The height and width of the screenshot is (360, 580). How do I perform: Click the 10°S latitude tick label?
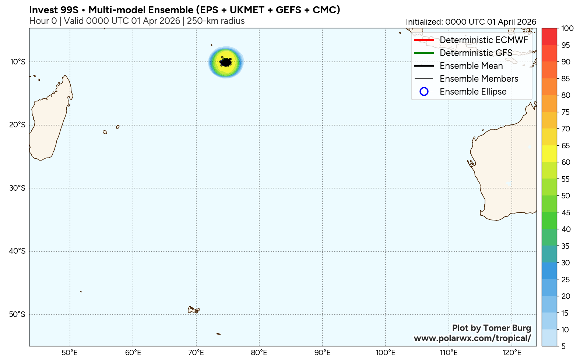pyautogui.click(x=18, y=61)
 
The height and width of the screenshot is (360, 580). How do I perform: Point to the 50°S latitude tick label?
pyautogui.click(x=18, y=314)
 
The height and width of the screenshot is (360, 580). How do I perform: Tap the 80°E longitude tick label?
pyautogui.click(x=259, y=353)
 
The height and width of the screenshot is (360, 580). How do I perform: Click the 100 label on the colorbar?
pyautogui.click(x=567, y=28)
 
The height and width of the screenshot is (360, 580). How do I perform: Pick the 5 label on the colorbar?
pyautogui.click(x=563, y=346)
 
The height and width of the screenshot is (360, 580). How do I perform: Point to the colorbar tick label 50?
pyautogui.click(x=566, y=196)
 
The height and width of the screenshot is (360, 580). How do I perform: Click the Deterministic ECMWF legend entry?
pyautogui.click(x=484, y=40)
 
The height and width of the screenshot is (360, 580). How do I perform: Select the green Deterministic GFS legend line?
pyautogui.click(x=424, y=53)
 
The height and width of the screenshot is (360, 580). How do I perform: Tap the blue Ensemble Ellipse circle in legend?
pyautogui.click(x=424, y=92)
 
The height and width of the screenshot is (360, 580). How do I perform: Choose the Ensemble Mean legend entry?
pyautogui.click(x=471, y=66)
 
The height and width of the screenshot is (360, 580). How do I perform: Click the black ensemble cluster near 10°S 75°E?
pyautogui.click(x=225, y=62)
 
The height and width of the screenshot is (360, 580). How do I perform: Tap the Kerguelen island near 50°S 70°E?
pyautogui.click(x=193, y=310)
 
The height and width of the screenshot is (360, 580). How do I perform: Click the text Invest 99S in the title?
pyautogui.click(x=54, y=10)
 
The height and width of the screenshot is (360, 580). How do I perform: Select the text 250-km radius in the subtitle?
pyautogui.click(x=216, y=21)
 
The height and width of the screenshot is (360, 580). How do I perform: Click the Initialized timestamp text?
pyautogui.click(x=471, y=22)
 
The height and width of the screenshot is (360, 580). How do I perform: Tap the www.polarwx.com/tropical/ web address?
pyautogui.click(x=472, y=338)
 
